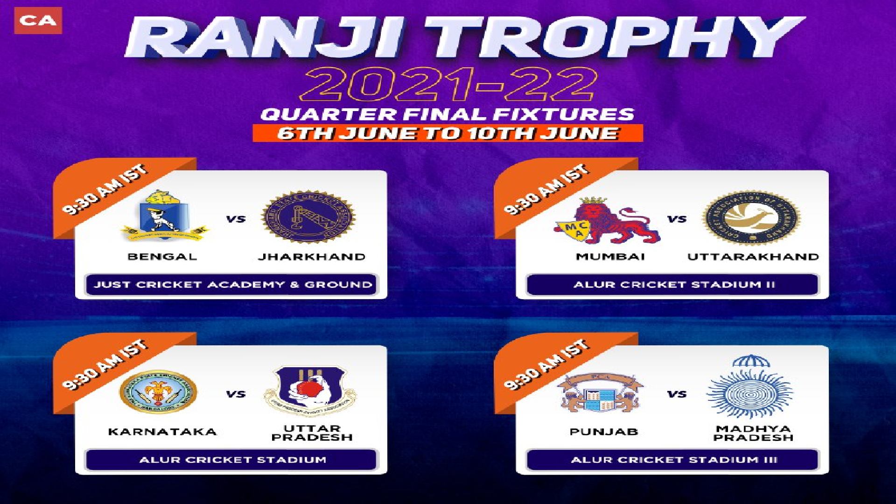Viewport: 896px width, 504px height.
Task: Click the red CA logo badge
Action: click(38, 20)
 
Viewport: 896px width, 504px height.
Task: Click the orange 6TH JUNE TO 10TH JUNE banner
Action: click(448, 133)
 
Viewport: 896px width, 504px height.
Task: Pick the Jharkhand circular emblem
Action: click(308, 217)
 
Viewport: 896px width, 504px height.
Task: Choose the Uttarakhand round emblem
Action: click(753, 218)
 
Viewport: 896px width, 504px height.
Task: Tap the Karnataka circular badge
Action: click(159, 393)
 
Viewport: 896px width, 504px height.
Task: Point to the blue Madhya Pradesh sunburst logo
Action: click(750, 390)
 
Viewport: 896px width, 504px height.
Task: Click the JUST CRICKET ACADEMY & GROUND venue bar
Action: click(232, 285)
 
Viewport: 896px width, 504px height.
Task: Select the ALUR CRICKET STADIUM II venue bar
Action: click(672, 285)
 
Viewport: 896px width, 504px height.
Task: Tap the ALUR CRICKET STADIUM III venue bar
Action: click(672, 460)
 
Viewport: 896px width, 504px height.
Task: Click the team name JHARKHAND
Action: click(312, 257)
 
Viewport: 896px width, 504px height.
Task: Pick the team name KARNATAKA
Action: click(162, 432)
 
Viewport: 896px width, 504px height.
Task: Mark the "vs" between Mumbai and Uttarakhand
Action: click(676, 219)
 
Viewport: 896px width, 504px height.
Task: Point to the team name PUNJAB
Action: click(603, 432)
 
